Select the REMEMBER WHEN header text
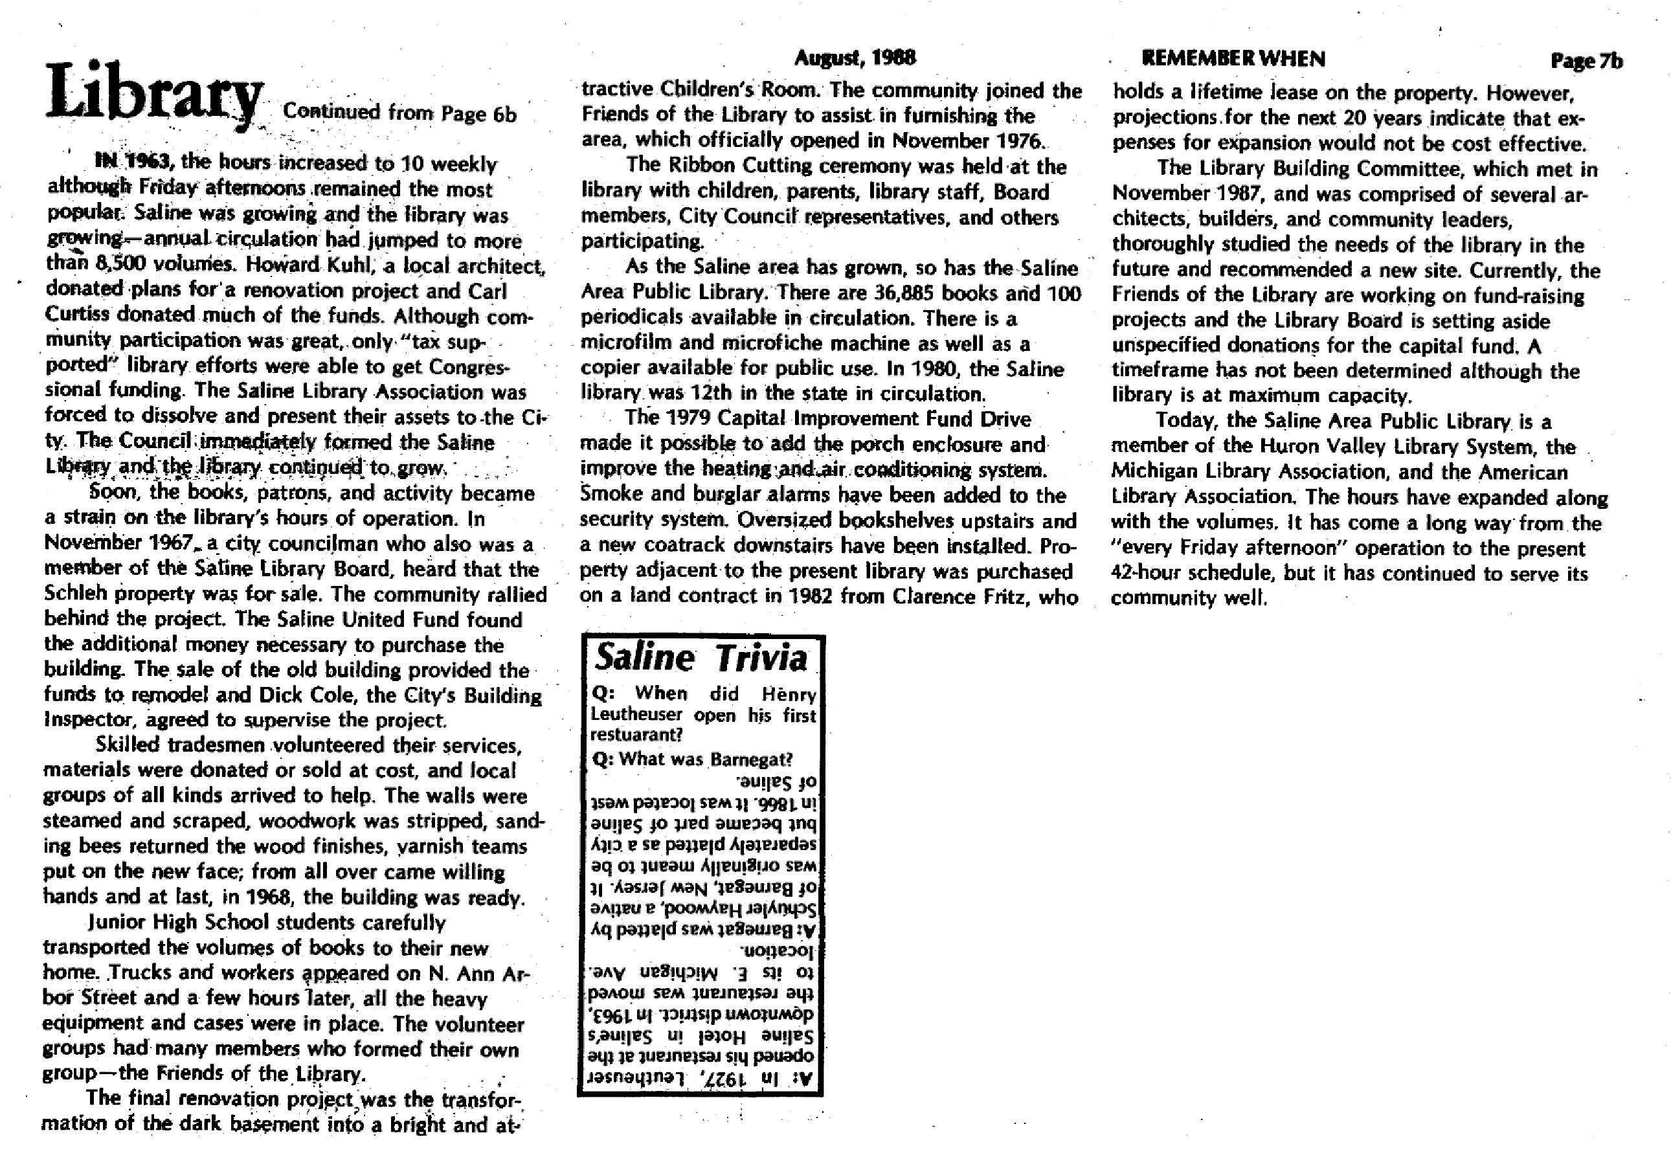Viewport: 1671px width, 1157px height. click(x=1233, y=59)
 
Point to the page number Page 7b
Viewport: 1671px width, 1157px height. click(x=1586, y=62)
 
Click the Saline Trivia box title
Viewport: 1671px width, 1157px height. click(x=701, y=658)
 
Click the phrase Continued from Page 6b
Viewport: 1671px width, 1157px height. click(x=399, y=113)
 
